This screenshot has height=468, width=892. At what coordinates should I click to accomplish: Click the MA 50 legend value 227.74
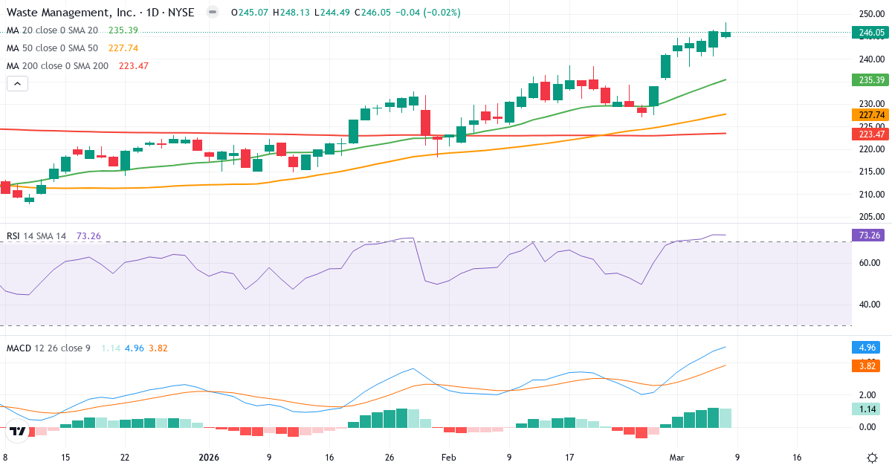pyautogui.click(x=123, y=48)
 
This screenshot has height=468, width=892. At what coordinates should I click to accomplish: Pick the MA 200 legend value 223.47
pyautogui.click(x=133, y=65)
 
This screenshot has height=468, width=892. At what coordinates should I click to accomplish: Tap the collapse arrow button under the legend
pyautogui.click(x=17, y=84)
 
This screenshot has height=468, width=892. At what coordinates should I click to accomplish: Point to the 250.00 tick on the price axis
pyautogui.click(x=870, y=14)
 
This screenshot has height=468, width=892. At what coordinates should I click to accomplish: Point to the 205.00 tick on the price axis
pyautogui.click(x=870, y=217)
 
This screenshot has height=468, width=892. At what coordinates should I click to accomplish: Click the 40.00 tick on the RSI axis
pyautogui.click(x=870, y=304)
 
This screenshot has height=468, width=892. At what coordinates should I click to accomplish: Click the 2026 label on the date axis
pyautogui.click(x=209, y=458)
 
